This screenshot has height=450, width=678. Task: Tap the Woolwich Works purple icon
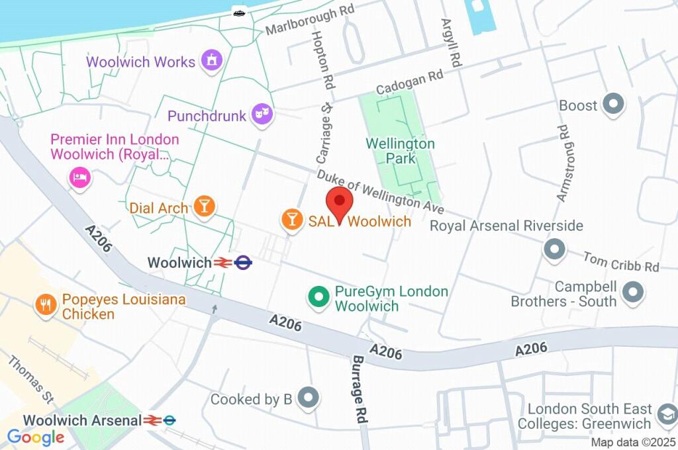pos(212,60)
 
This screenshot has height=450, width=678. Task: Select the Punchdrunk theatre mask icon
pos(262,114)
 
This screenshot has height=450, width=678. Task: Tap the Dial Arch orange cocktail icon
pos(204,206)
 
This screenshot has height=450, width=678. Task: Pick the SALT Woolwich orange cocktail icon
pos(291,219)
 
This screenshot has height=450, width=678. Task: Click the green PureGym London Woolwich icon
pos(319,296)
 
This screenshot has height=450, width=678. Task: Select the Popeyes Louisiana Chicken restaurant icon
pos(46,304)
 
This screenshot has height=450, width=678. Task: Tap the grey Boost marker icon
pos(614,105)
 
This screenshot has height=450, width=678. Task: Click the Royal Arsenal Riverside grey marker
pos(554,249)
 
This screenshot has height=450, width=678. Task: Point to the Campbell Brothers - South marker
pos(634,292)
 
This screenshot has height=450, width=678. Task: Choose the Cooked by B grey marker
pos(309,397)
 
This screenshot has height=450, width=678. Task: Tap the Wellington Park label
pos(401,151)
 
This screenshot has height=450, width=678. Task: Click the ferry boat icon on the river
pos(239,12)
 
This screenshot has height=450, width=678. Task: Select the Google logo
pos(35,437)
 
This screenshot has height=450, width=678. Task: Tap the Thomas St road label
pos(30,380)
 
